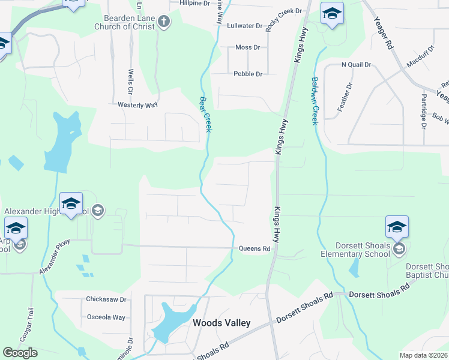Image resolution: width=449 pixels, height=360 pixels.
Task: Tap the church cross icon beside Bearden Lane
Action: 163,23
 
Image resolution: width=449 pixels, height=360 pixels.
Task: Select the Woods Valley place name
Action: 221,323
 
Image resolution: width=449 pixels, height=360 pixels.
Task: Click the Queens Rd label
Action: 255,248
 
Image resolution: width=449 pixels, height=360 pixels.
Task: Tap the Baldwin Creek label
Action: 313,100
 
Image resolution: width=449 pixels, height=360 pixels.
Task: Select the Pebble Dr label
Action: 248,74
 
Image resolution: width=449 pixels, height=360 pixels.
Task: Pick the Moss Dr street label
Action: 247,47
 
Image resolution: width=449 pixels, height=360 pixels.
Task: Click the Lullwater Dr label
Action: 245,26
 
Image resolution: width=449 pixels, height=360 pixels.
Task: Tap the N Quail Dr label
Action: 356,64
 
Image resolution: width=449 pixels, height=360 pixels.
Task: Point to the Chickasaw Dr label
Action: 106,299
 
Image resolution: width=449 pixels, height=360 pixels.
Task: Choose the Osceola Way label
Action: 106,317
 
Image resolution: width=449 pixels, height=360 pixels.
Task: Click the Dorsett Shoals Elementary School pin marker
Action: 397,227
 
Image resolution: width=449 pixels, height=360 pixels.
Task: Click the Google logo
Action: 20,353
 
